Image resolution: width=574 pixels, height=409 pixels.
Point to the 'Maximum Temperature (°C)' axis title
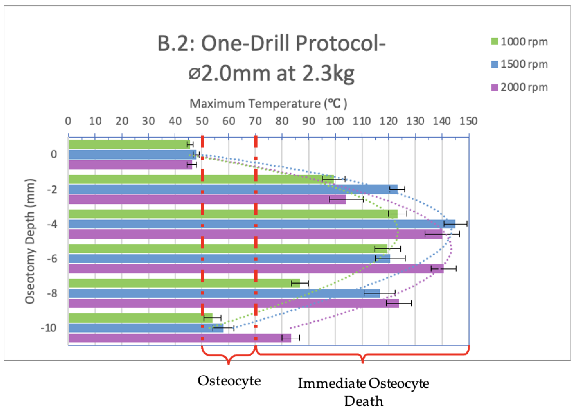[268, 104]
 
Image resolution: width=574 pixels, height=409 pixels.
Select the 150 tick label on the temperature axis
[468, 121]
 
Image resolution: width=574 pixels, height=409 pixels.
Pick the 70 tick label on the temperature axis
[255, 121]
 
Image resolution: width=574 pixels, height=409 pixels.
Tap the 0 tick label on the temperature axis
[68, 121]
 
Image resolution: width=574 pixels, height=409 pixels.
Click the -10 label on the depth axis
[49, 328]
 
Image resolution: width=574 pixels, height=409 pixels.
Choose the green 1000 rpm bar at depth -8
[184, 283]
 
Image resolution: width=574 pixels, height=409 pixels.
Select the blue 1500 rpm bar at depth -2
[233, 189]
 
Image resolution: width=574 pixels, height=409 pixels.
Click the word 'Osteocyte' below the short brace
[229, 381]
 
